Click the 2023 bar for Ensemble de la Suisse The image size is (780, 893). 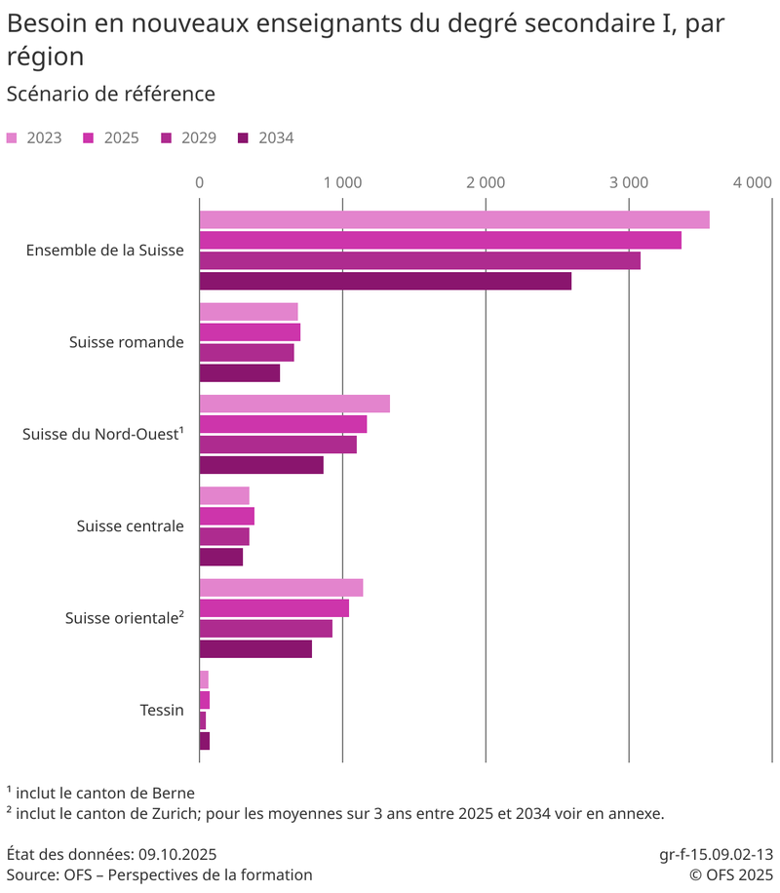pyautogui.click(x=454, y=220)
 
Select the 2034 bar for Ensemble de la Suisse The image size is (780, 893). pyautogui.click(x=385, y=282)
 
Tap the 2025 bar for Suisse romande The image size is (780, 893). pyautogui.click(x=250, y=332)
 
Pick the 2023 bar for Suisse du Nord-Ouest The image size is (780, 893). pyautogui.click(x=294, y=404)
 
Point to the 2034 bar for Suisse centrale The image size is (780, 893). pyautogui.click(x=221, y=558)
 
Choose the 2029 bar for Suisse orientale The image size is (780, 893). pyautogui.click(x=266, y=629)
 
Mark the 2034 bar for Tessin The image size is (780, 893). pyautogui.click(x=205, y=741)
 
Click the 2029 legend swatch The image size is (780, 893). pyautogui.click(x=166, y=138)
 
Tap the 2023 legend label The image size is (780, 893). pyautogui.click(x=44, y=138)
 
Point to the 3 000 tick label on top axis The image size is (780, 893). pyautogui.click(x=629, y=182)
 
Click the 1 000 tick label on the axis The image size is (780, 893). pyautogui.click(x=343, y=182)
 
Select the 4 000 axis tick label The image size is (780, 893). pyautogui.click(x=753, y=182)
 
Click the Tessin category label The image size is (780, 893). pyautogui.click(x=162, y=711)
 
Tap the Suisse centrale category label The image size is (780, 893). pyautogui.click(x=130, y=526)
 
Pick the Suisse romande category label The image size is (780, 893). pyautogui.click(x=127, y=342)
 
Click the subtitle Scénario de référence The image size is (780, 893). pyautogui.click(x=110, y=95)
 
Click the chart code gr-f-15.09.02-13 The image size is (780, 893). pyautogui.click(x=716, y=854)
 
